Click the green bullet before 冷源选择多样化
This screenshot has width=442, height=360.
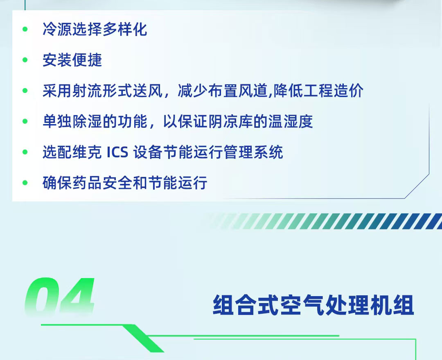(x=25, y=29)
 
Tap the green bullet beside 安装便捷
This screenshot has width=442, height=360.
(x=25, y=60)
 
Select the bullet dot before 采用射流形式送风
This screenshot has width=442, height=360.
(x=25, y=91)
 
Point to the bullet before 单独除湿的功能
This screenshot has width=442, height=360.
(x=25, y=122)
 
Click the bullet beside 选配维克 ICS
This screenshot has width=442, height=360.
(x=25, y=152)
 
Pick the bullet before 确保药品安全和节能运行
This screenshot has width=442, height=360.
(x=25, y=183)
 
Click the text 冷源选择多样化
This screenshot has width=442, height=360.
(x=95, y=29)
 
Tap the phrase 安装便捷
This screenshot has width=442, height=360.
(x=72, y=60)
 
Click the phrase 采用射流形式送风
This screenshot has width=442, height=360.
(x=102, y=91)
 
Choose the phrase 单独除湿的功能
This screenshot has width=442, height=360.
(x=95, y=122)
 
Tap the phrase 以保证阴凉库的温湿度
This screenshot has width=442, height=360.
(x=238, y=122)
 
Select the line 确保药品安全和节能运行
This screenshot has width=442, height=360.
(x=125, y=183)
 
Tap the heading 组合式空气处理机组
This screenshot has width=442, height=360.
(x=313, y=306)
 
